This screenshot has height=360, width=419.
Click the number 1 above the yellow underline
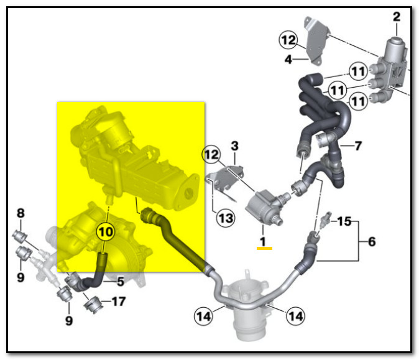point(263,241)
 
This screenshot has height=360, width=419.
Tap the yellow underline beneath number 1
point(264,248)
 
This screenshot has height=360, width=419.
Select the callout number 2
point(397,17)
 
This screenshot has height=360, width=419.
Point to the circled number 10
point(106,232)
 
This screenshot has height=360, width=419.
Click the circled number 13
point(226,218)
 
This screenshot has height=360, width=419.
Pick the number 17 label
point(118,302)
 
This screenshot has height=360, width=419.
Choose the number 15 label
point(344,221)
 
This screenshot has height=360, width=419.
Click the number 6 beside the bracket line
point(372,242)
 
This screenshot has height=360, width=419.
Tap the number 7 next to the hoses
point(358,145)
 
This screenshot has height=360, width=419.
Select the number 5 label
point(121,282)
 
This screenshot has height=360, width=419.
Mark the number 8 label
point(21,213)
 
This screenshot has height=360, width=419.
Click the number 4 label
point(288,59)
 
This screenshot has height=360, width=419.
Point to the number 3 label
point(234,146)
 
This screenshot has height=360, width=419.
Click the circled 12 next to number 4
point(288,40)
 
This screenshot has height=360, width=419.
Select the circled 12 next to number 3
point(211,154)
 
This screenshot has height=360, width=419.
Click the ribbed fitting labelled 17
point(93,305)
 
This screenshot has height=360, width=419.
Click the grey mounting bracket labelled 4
point(316,40)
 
